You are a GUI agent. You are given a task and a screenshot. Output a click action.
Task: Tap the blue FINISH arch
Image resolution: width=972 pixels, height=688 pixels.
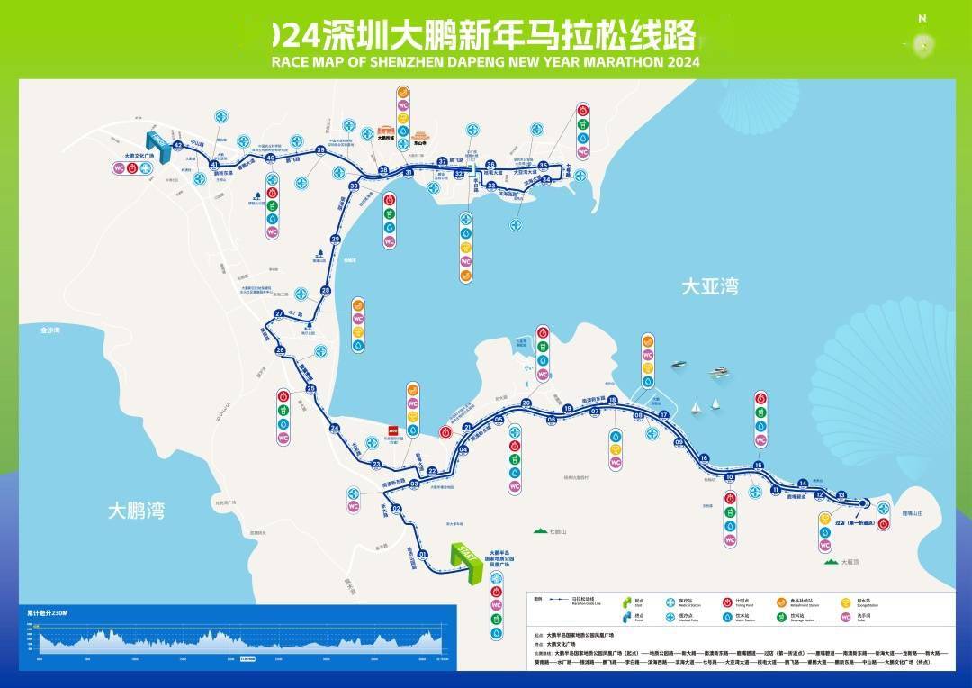[159, 143]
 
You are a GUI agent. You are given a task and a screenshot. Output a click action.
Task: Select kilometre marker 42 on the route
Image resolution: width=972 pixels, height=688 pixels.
[178, 145]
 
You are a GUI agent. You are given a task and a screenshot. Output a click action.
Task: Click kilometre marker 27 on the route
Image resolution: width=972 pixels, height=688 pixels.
[279, 313]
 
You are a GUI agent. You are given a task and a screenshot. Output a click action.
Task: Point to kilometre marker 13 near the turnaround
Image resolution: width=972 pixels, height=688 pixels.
[841, 495]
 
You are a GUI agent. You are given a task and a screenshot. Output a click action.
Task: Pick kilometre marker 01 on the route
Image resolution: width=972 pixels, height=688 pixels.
[422, 555]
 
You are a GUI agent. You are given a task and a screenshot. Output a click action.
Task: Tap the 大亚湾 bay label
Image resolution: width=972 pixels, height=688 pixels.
[709, 287]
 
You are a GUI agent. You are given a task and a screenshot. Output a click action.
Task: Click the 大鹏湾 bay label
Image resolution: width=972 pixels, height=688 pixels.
[136, 511]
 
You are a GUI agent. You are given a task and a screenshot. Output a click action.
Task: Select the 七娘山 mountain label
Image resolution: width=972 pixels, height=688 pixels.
[561, 531]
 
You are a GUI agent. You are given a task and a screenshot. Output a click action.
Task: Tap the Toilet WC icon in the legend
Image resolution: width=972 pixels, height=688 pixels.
[845, 618]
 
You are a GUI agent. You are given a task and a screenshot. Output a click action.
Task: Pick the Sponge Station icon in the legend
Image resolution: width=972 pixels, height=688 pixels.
[845, 602]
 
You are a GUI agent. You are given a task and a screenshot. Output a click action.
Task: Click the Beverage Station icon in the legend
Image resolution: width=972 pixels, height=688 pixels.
[779, 618]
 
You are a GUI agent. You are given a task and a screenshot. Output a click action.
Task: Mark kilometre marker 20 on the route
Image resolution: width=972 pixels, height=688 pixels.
[526, 403]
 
